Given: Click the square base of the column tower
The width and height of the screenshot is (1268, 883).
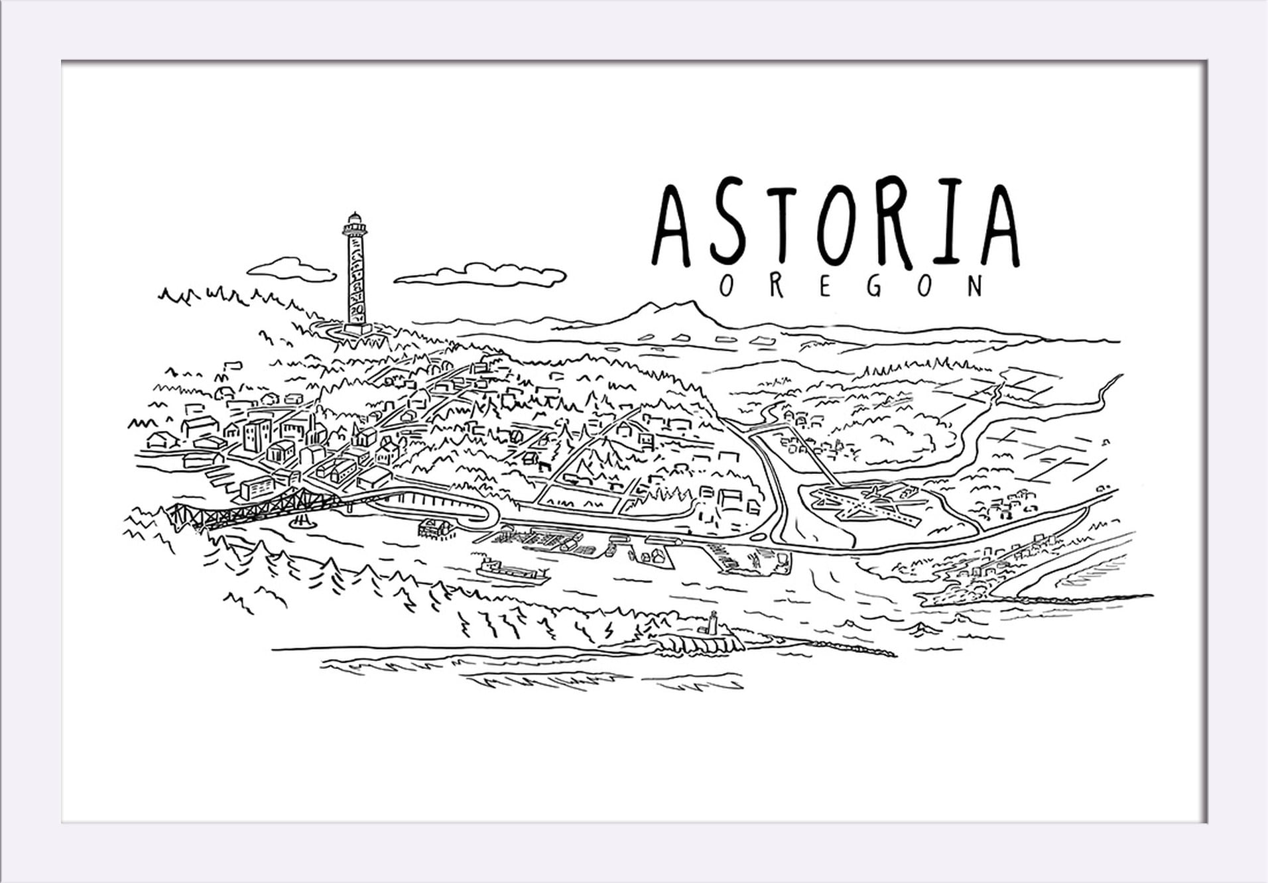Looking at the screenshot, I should (x=357, y=327).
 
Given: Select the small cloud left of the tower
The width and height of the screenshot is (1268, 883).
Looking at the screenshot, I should (x=292, y=269).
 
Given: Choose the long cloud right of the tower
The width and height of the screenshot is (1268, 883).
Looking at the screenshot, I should (x=483, y=274).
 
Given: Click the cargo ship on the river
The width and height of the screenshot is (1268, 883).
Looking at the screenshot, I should (x=511, y=571).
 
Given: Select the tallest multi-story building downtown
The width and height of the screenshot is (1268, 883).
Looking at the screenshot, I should (x=257, y=434).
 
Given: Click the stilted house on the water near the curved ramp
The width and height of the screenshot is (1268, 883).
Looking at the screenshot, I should (x=436, y=528).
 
